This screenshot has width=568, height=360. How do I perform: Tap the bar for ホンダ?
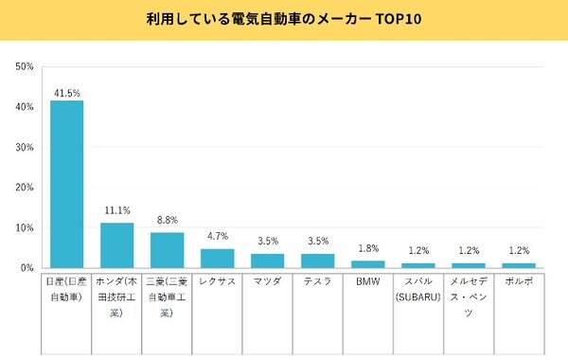(x=116, y=245)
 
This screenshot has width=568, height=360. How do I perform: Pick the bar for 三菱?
(x=167, y=250)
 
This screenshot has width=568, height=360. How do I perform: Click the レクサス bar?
(x=217, y=259)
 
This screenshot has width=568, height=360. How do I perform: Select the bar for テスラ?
(x=317, y=261)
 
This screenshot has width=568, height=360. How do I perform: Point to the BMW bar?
(x=367, y=264)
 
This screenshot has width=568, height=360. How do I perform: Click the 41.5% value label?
(x=66, y=92)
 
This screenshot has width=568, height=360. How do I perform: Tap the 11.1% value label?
(x=116, y=210)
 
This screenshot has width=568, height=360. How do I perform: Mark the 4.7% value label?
(x=217, y=237)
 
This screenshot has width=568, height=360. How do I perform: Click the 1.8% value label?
(x=367, y=248)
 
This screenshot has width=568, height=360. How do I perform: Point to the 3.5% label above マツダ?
(x=267, y=242)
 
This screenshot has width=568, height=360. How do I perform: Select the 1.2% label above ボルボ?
(x=518, y=250)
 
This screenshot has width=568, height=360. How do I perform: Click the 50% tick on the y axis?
(x=26, y=67)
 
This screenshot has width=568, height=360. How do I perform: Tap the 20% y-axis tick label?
(x=26, y=188)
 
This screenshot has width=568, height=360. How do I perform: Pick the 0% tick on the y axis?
(x=28, y=268)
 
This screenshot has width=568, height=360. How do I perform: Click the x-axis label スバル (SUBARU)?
(x=417, y=290)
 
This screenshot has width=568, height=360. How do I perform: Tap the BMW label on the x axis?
(x=367, y=282)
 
